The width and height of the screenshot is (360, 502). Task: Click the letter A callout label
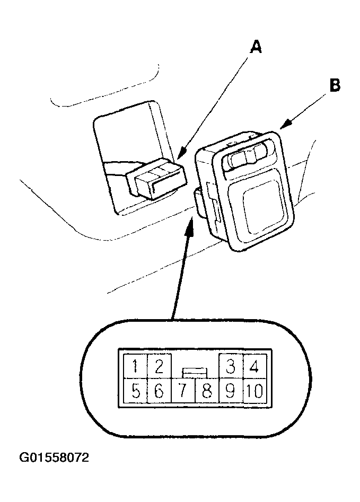256,48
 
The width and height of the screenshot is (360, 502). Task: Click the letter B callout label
335,85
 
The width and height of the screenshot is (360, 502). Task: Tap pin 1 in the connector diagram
135,366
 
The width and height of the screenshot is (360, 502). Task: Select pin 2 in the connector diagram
159,366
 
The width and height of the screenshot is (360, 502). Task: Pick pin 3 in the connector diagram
231,366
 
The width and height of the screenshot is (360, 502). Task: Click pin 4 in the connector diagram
254,366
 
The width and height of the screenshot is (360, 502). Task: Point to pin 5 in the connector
135,391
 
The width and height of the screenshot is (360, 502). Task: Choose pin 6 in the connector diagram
159,391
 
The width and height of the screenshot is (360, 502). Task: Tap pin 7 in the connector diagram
183,391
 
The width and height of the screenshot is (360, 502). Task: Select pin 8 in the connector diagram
207,391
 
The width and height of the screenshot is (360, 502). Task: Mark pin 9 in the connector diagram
231,391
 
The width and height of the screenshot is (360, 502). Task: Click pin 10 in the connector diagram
254,391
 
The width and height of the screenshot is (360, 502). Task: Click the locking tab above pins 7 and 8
195,373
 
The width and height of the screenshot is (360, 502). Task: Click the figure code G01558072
54,458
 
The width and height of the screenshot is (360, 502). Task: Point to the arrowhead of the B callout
286,124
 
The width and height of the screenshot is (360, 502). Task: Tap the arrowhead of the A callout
182,154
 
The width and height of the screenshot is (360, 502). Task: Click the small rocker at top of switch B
246,157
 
